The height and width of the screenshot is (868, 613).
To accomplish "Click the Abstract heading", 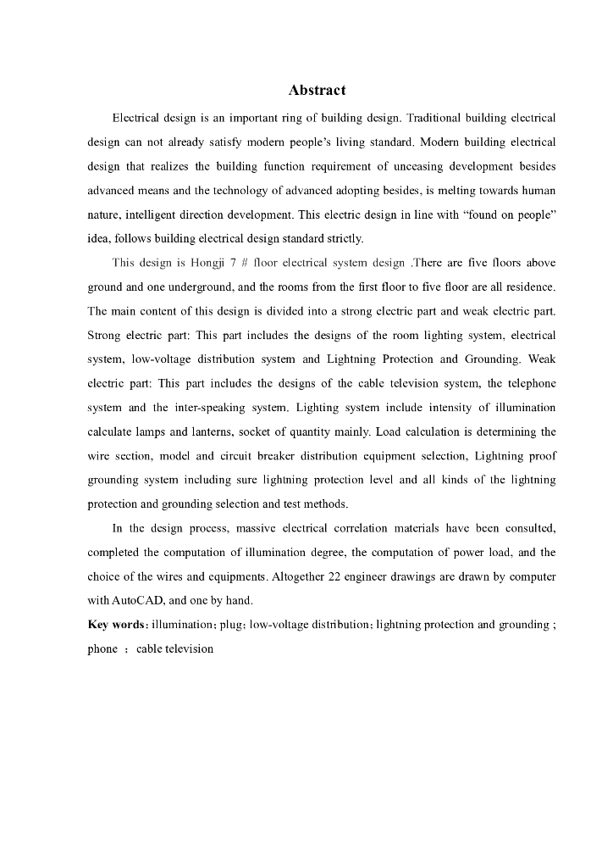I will point(317,90).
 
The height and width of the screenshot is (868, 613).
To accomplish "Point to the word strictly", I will point(340,239).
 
